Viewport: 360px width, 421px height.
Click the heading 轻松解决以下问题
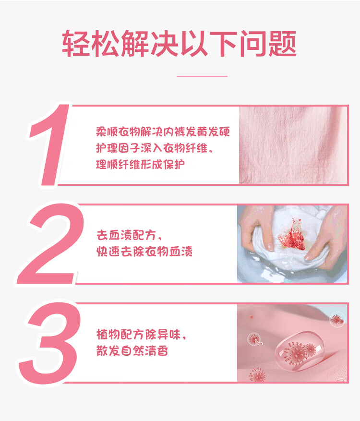(180, 44)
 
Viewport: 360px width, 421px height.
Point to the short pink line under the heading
(202, 76)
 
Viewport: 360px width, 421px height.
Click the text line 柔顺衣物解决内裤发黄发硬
(163, 132)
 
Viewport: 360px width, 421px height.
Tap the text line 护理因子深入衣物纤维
(155, 148)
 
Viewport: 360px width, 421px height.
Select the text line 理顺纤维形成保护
(141, 164)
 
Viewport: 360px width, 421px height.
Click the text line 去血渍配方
(129, 235)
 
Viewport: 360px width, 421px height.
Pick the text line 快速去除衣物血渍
(144, 252)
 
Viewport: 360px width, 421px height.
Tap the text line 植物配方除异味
(141, 335)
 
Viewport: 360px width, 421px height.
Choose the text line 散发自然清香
(132, 350)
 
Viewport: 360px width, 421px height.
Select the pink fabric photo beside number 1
(293, 145)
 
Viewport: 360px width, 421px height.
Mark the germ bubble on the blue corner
(337, 320)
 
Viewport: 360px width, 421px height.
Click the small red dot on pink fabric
(251, 317)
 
